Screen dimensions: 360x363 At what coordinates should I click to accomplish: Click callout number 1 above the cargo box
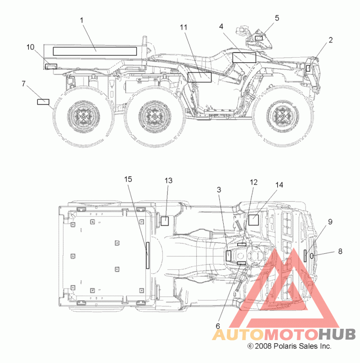pos(81,20)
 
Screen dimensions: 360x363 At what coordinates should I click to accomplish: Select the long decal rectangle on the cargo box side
pos(95,51)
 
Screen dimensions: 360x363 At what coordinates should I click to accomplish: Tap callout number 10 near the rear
pos(30,47)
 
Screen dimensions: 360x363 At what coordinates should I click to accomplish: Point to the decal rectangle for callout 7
pos(43,102)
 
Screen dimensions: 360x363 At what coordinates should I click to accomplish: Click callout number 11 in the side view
pos(184,27)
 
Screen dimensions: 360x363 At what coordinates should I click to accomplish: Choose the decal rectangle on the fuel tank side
pos(244,58)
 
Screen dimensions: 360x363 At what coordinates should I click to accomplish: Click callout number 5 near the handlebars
pos(277,18)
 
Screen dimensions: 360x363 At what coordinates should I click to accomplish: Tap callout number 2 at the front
pos(331,40)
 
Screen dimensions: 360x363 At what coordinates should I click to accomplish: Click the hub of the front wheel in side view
pos(283,116)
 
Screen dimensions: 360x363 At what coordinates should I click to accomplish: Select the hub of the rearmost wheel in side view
pos(83,116)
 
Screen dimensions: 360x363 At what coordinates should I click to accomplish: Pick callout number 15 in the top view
pos(128,179)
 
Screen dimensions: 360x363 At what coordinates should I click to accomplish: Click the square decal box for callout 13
pos(165,221)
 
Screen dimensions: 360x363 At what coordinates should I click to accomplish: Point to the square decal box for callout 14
pos(253,220)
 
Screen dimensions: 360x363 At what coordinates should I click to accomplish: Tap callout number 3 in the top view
pos(219,190)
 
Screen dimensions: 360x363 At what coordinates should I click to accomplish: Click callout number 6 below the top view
pos(218,326)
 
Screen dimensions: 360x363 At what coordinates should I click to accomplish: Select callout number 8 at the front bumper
pos(340,251)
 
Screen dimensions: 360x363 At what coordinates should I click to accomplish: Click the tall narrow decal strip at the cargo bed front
pos(148,255)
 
